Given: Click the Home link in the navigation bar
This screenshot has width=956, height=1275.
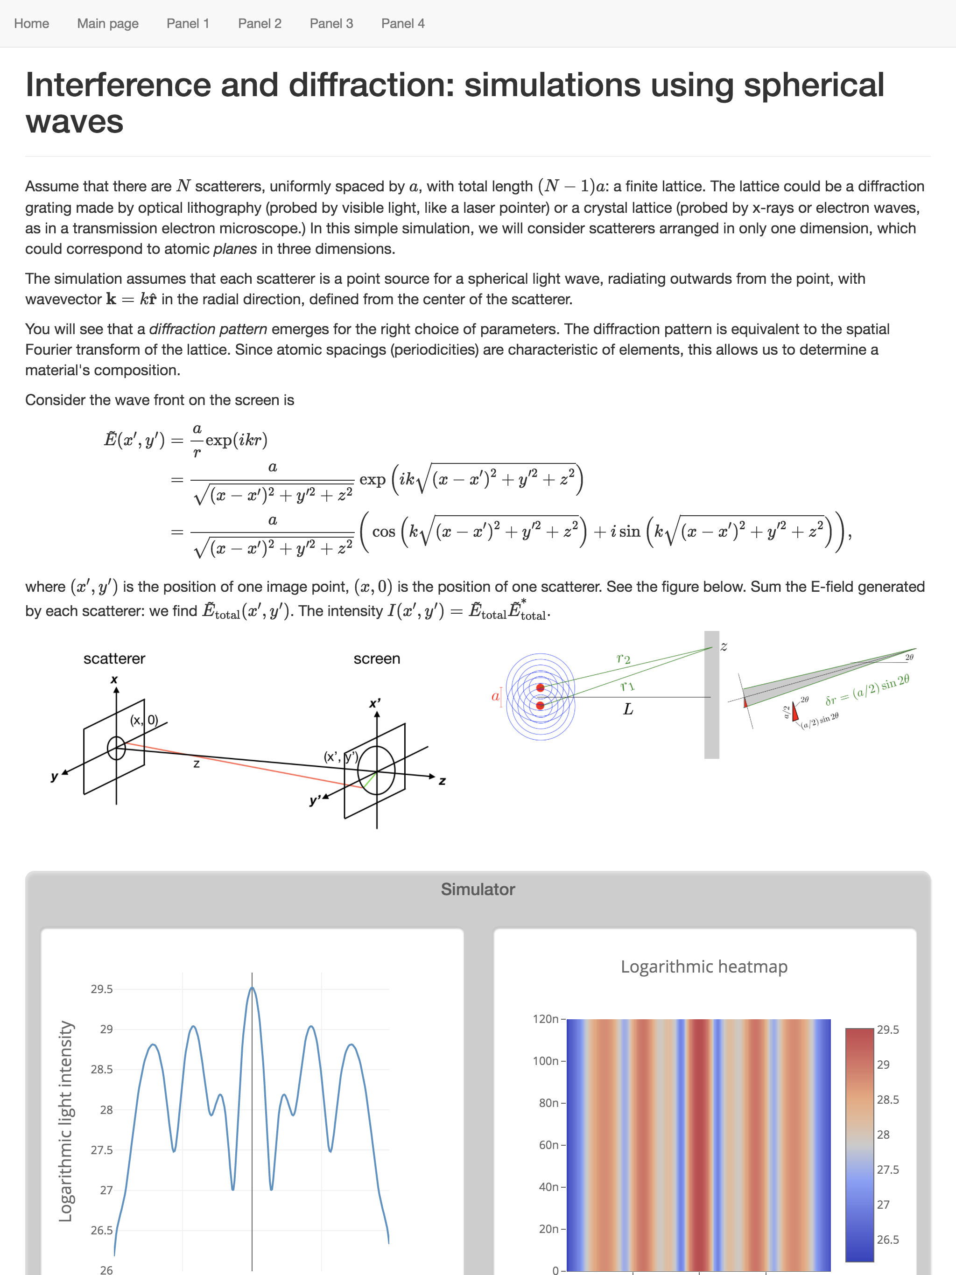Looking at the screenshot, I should (x=32, y=24).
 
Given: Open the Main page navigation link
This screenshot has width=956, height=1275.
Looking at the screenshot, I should (x=108, y=24).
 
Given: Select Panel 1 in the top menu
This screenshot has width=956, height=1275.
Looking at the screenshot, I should (x=187, y=24).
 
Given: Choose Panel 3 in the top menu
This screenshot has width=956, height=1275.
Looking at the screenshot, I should (x=331, y=24).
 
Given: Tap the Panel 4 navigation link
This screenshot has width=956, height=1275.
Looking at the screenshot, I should (x=402, y=24).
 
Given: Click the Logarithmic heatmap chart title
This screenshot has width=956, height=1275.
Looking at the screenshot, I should (x=703, y=967).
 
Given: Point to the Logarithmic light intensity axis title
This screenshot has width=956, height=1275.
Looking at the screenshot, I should (x=66, y=1121).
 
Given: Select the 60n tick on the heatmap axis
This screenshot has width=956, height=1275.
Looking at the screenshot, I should (x=548, y=1145).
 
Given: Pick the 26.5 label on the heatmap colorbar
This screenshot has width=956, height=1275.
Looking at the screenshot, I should (x=887, y=1239).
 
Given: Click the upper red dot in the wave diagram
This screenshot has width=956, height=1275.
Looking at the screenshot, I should (x=540, y=687).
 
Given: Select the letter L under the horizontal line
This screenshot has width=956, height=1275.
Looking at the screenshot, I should (x=628, y=709).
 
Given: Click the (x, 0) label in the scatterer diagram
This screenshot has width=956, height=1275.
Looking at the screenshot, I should (x=144, y=720).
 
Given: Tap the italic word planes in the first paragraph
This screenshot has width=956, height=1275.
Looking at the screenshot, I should (x=235, y=249).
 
